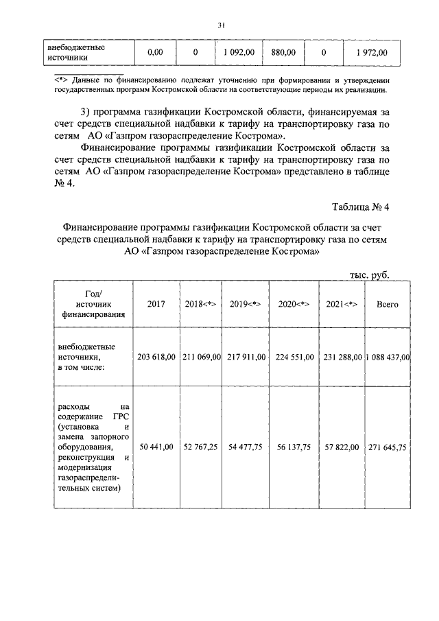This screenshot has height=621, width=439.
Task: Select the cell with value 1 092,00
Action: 239,52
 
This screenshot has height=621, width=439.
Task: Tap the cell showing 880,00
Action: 283,52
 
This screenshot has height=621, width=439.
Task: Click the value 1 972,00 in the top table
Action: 372,52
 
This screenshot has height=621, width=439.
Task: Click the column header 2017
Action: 156,304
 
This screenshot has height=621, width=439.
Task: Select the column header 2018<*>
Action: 201,304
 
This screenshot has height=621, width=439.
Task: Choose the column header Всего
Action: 388,304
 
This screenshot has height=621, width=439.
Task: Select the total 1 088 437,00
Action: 388,357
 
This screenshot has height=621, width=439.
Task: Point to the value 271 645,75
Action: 388,447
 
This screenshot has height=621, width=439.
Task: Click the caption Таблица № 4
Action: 360,207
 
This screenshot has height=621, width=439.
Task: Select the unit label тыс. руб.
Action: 370,274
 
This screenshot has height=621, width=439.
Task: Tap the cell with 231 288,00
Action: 341,357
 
